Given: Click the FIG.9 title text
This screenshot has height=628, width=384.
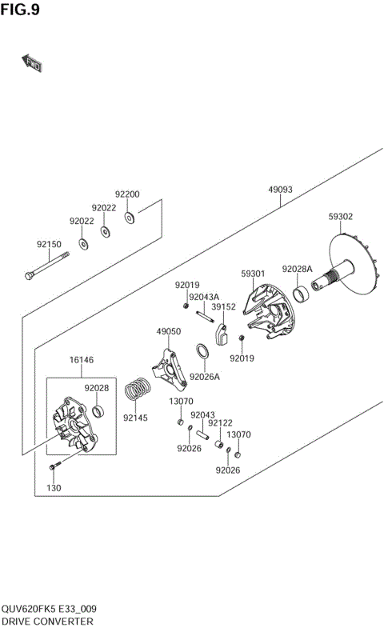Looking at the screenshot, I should click(x=20, y=10).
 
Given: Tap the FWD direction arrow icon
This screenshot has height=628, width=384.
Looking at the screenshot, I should click(x=31, y=63).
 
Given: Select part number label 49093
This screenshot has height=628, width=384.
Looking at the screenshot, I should click(x=280, y=190).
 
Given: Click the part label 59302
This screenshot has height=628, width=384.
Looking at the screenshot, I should click(x=341, y=217).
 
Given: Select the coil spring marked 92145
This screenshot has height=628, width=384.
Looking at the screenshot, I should click(x=141, y=390).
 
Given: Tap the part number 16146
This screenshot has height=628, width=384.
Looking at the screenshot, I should click(x=82, y=361).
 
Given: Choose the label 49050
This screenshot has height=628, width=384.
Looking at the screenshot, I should click(x=168, y=331).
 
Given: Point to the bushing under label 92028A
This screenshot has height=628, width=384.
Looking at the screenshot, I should click(x=302, y=295).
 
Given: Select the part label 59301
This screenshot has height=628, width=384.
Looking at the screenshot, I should click(x=254, y=274).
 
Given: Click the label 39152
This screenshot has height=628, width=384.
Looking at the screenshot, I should click(x=223, y=306).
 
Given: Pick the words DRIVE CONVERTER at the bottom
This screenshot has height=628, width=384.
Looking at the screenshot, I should click(x=47, y=621).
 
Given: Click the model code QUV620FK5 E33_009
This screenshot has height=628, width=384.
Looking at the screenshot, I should click(x=54, y=609).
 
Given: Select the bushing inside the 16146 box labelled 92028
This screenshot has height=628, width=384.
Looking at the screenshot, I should click(x=98, y=412).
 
